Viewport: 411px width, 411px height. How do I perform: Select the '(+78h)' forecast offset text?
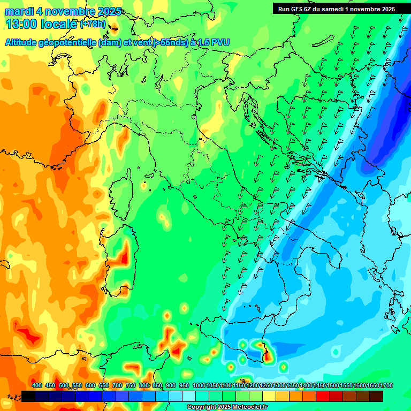[x=93, y=24]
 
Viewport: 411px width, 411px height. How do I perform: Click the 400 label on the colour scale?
[x=37, y=385]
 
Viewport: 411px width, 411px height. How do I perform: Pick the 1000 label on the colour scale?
[x=199, y=385]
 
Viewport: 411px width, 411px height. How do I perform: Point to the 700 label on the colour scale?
[x=117, y=385]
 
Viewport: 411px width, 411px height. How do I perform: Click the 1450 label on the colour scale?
[x=319, y=385]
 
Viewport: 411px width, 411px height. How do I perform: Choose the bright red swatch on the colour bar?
[x=323, y=396]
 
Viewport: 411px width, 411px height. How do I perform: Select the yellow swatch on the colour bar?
[x=269, y=396]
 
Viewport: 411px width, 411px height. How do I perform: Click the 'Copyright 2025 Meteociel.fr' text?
[x=227, y=407]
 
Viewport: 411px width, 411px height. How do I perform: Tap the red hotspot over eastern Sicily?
[x=266, y=353]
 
